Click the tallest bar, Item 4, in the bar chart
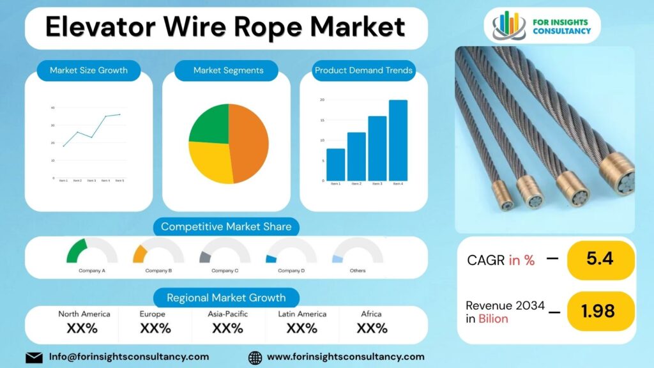point(398,141)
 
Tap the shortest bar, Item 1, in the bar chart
point(335,164)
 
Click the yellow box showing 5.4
point(600,259)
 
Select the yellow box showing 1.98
point(600,311)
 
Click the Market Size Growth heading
point(89,70)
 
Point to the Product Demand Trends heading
point(363,70)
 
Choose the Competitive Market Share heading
point(226,227)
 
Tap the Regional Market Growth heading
point(226,298)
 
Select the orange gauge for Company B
point(141,253)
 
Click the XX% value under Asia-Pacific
point(228,328)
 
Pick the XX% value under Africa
point(372,328)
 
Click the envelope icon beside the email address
point(34,357)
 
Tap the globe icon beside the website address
point(255,357)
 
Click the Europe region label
point(153,314)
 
